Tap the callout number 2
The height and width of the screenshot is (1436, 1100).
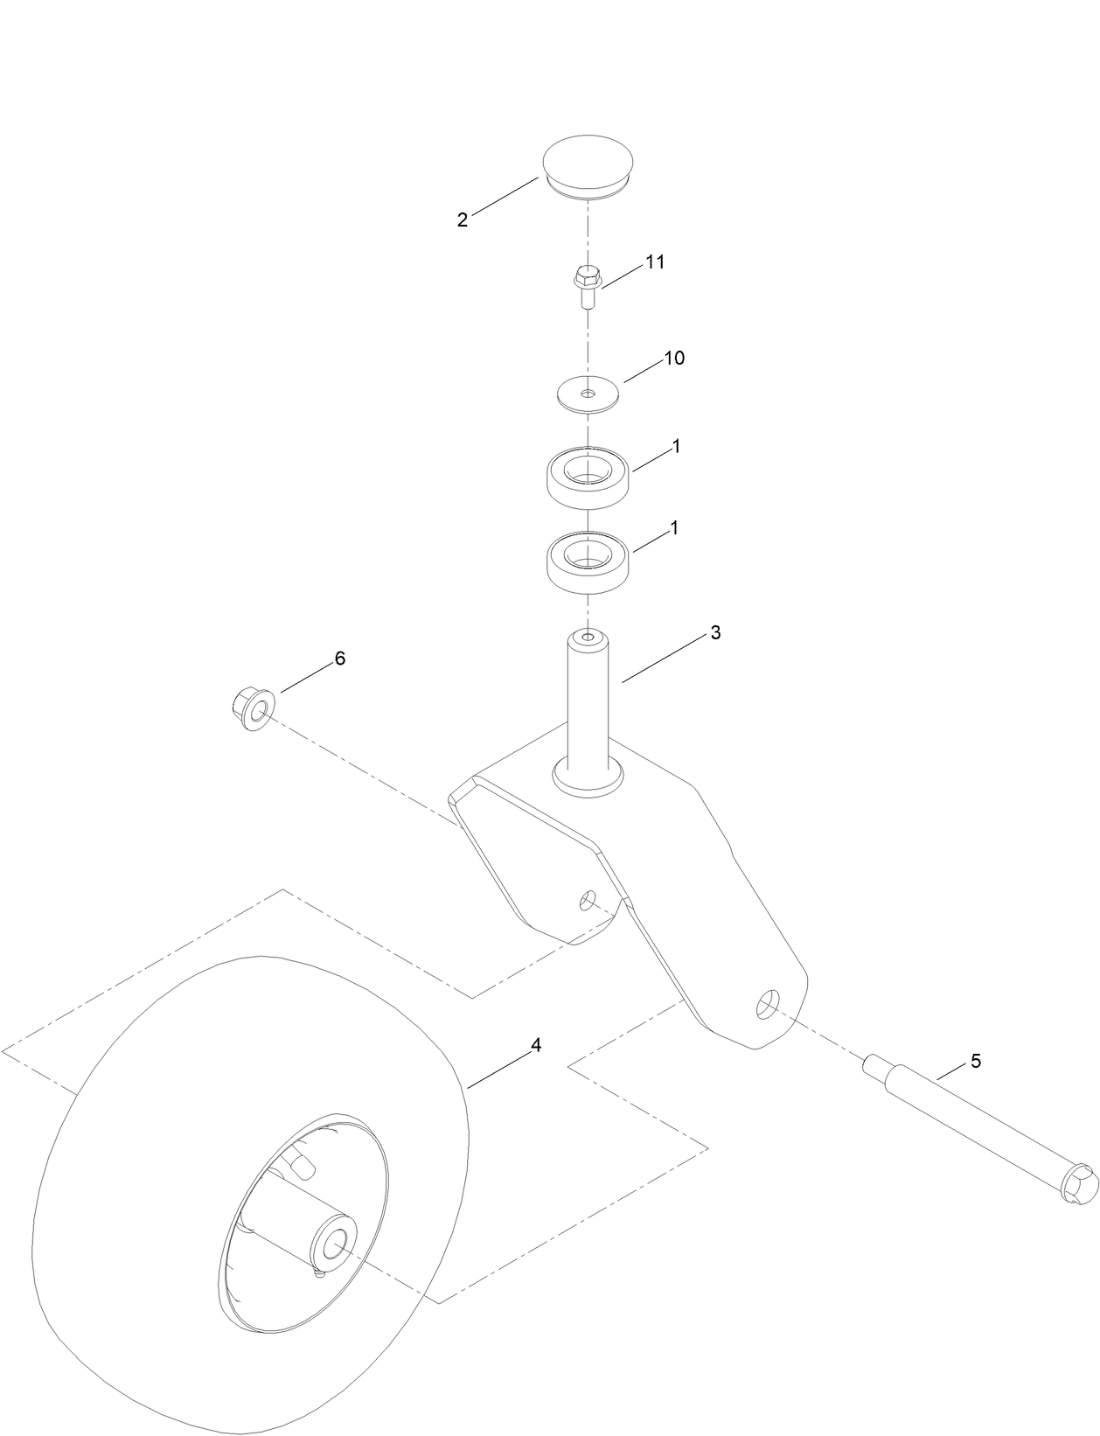tap(462, 220)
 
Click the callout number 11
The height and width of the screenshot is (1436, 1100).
tap(655, 261)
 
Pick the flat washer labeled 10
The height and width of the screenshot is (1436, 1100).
tap(587, 392)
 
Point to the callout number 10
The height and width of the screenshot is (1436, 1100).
tap(674, 358)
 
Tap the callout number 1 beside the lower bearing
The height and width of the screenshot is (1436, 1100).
tap(674, 528)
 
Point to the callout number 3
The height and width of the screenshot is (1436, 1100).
tap(715, 632)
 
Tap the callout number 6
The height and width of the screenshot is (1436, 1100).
tap(340, 659)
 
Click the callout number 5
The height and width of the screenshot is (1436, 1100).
tap(976, 1061)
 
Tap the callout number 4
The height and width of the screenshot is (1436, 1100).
tap(536, 1044)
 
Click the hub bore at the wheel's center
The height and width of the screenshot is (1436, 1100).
tap(333, 1244)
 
